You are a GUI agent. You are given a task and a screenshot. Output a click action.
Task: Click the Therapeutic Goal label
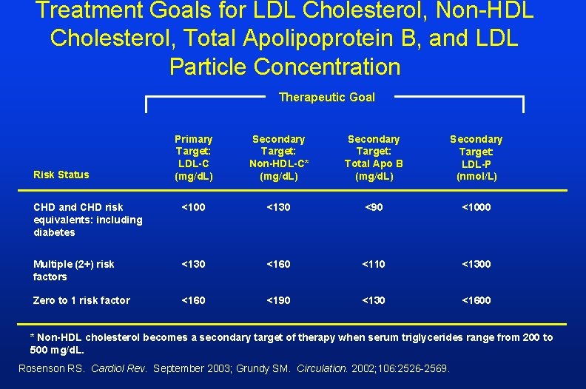[326, 97]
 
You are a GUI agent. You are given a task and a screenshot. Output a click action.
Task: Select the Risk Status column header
[61, 175]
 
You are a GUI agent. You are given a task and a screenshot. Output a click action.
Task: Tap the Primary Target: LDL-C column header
[193, 158]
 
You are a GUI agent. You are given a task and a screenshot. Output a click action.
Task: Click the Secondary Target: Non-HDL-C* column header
[278, 158]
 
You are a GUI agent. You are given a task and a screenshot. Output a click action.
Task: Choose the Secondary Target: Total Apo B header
[374, 158]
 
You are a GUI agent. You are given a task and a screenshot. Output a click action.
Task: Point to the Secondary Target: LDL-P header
[476, 158]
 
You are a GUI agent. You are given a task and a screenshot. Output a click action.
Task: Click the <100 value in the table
[193, 207]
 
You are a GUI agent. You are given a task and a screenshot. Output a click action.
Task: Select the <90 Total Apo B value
[374, 207]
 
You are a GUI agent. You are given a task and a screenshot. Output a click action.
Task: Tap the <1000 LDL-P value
[476, 207]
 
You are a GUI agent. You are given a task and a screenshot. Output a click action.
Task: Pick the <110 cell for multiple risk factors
[374, 264]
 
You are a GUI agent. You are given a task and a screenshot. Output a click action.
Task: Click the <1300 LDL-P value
[476, 264]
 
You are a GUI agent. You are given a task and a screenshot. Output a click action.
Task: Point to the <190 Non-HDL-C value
[278, 300]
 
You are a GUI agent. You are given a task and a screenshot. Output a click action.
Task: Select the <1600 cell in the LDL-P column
[476, 300]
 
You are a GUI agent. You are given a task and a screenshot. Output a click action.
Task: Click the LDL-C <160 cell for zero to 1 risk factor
[193, 300]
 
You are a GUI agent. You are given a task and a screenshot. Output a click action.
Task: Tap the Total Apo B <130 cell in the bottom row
[374, 300]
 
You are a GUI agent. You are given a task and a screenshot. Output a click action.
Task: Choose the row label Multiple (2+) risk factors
[74, 270]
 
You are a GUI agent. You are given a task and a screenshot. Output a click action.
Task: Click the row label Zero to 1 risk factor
[81, 300]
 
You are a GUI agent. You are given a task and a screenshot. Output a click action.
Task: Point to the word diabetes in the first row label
[54, 232]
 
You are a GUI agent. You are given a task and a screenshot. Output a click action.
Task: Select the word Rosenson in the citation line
[41, 368]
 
